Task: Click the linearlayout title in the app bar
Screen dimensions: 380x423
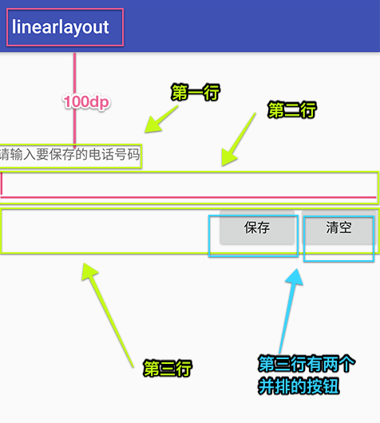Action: pos(61,27)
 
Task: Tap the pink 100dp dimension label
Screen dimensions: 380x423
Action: pos(87,102)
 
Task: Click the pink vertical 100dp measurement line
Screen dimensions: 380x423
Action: pos(75,100)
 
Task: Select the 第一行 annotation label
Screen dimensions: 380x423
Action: pos(196,93)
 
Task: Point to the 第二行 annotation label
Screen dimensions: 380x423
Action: pos(292,110)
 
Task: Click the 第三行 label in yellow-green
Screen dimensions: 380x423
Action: pos(168,368)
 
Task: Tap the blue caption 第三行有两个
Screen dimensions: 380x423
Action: pos(307,364)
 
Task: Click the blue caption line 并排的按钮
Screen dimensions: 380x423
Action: pos(299,386)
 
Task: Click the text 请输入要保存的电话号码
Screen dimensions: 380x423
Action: pos(70,155)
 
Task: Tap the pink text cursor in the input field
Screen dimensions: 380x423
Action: pos(2,184)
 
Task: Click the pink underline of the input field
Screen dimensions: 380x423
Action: pos(188,197)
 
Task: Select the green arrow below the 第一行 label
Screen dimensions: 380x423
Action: pos(161,119)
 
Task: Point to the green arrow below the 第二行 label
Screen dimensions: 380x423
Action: pos(239,139)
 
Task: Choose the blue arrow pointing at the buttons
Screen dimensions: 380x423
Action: pos(291,311)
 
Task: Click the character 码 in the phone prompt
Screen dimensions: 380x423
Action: pos(133,155)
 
